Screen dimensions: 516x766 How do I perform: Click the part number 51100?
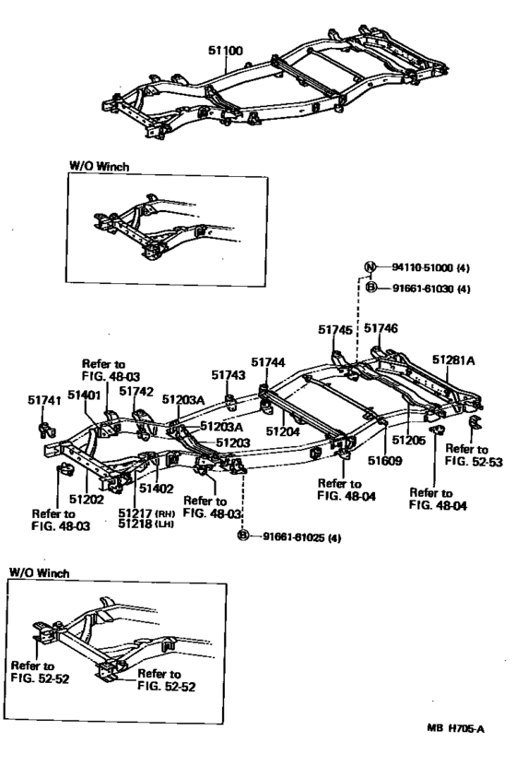226,51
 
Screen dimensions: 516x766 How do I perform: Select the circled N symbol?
371,266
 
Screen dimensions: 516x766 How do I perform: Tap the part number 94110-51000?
422,267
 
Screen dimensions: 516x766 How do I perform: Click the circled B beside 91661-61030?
371,288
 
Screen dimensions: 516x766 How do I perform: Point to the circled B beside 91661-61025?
242,536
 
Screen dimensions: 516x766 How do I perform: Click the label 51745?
335,330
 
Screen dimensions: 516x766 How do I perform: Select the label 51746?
381,328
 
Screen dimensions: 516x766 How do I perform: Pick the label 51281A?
453,360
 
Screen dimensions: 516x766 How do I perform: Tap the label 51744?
268,362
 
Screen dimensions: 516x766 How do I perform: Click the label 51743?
229,374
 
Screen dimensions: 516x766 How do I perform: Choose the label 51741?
44,400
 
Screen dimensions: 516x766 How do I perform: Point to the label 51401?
84,395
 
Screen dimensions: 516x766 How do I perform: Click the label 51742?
136,392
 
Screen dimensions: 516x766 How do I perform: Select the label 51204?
283,431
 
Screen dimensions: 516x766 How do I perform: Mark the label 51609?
385,460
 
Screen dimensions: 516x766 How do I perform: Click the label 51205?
408,441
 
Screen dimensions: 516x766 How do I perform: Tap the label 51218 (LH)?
146,524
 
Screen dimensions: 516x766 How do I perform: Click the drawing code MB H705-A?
456,729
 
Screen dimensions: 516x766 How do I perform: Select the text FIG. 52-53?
474,462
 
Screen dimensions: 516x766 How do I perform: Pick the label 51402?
157,488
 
